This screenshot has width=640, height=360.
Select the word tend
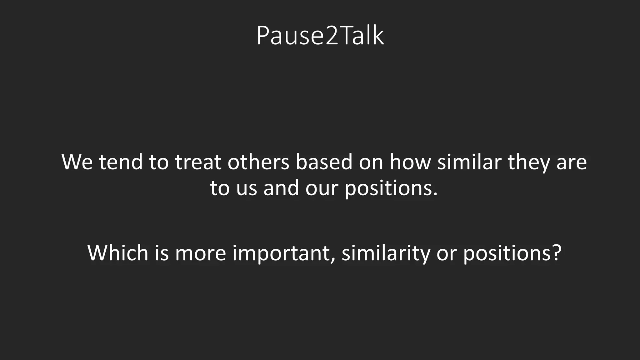(x=121, y=162)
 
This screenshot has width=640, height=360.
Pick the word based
(x=324, y=162)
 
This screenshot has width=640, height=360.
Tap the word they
(x=529, y=162)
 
